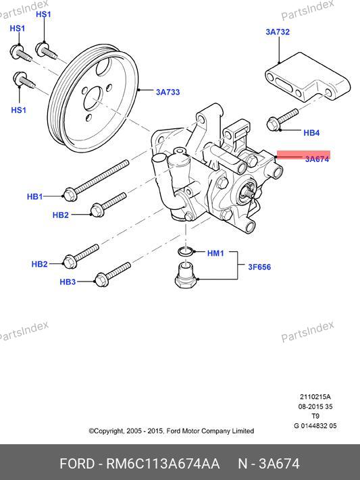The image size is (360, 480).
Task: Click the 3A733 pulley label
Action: tap(168, 92)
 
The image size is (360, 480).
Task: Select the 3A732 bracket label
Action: tap(278, 32)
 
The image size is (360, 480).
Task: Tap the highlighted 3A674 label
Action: tap(317, 159)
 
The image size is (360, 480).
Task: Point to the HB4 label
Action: tap(311, 132)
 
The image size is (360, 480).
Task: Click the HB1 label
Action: tap(35, 196)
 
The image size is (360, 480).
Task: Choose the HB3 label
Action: tap(68, 282)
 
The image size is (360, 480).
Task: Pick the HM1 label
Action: tap(215, 253)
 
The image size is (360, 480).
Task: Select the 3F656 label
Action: tap(259, 267)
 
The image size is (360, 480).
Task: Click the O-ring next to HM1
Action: tap(186, 251)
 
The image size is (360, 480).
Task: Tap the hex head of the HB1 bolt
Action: tap(70, 194)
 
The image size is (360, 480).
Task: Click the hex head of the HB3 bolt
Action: tap(101, 279)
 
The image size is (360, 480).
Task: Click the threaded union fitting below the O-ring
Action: tap(186, 274)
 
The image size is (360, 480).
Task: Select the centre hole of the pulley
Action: tap(93, 99)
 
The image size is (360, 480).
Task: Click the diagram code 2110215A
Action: tap(315, 397)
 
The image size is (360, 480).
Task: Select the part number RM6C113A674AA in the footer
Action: tap(163, 464)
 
